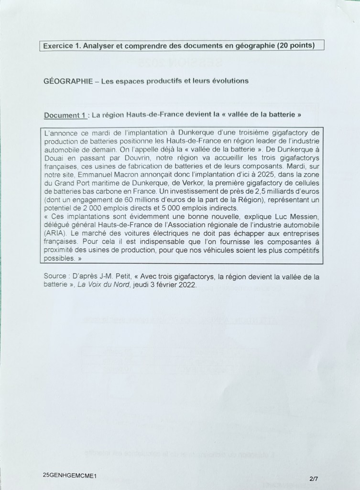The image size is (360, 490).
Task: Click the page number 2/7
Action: click(314, 478)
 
